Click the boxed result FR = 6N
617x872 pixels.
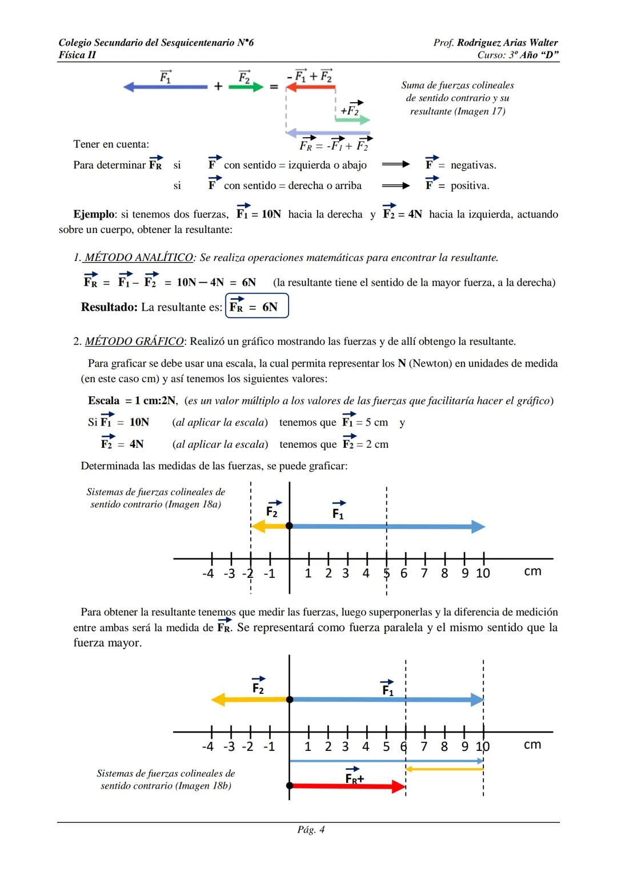click(257, 306)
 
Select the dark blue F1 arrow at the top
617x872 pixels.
click(166, 87)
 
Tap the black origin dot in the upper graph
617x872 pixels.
click(290, 526)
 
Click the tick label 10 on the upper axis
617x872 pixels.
click(483, 573)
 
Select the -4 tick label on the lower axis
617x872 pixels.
click(208, 746)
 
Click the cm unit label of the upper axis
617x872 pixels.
click(532, 571)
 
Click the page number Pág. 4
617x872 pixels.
click(311, 830)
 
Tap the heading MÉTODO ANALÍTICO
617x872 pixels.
click(139, 258)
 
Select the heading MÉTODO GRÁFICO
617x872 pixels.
click(134, 341)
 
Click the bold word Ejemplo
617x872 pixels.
click(94, 214)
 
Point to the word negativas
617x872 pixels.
click(473, 165)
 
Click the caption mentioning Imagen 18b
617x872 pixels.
click(166, 779)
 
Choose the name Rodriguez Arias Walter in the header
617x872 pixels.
click(507, 43)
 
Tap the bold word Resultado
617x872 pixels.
click(109, 307)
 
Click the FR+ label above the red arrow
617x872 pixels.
click(354, 778)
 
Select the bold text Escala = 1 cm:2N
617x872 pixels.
click(132, 400)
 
